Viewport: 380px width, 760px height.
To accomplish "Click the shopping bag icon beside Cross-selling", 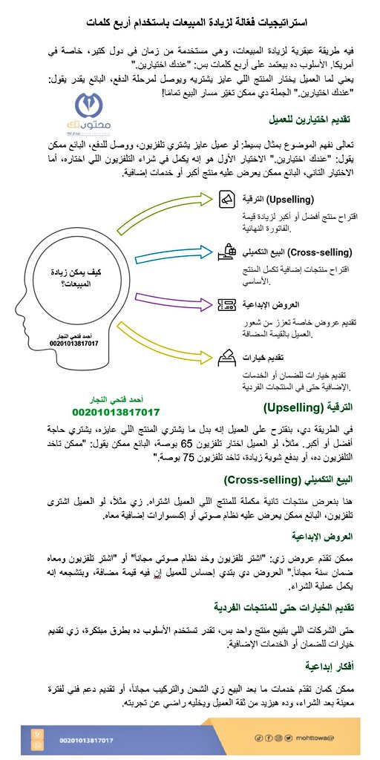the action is click(x=228, y=252).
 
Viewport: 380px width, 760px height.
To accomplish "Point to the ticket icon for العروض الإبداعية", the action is click(x=228, y=305).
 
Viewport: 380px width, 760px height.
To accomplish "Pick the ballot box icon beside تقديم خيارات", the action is click(x=228, y=357).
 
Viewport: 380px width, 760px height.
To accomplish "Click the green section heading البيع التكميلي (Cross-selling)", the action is click(x=302, y=479).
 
